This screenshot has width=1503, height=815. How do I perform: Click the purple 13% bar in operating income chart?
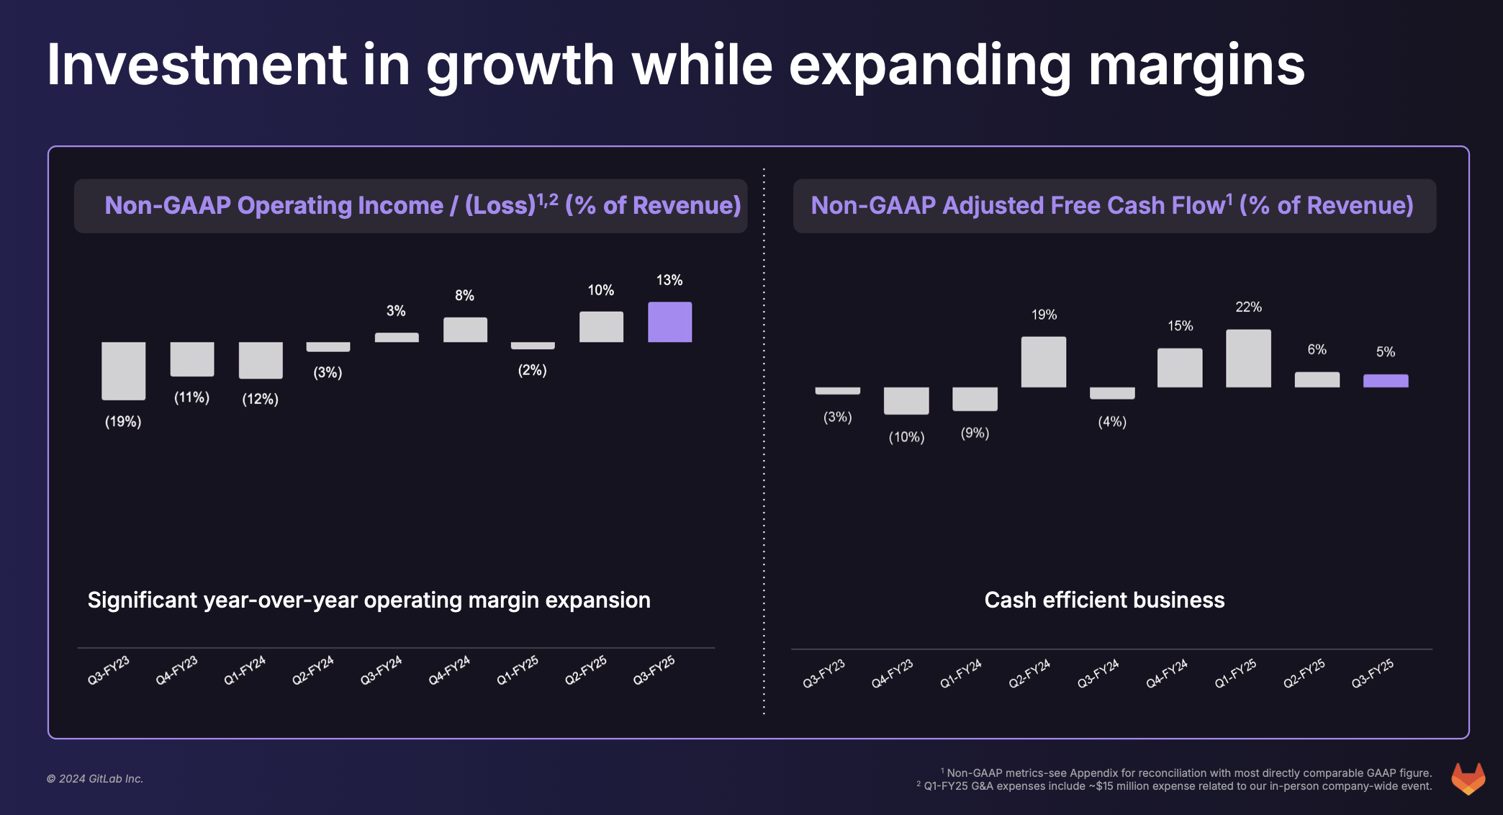click(669, 322)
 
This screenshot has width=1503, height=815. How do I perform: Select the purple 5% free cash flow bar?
click(1385, 381)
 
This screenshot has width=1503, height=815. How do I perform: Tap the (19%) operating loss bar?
click(123, 371)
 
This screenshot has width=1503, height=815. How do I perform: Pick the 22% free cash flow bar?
click(1248, 359)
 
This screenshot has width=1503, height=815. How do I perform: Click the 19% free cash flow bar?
click(1043, 362)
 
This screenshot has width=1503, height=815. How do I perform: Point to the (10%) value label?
click(906, 437)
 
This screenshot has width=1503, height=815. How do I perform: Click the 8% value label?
click(464, 295)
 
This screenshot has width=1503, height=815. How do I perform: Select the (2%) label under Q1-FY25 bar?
click(532, 370)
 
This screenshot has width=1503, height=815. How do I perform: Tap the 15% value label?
click(1180, 326)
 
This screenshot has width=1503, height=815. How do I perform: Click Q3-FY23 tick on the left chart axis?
click(109, 670)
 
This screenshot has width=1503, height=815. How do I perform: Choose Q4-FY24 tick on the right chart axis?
click(1167, 673)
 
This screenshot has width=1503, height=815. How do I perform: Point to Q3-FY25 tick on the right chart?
click(1373, 673)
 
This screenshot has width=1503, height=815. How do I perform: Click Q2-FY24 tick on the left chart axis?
click(313, 670)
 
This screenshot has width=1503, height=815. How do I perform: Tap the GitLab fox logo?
click(1468, 778)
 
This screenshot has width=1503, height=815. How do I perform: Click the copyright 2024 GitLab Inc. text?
click(95, 779)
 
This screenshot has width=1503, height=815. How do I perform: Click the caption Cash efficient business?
click(1103, 600)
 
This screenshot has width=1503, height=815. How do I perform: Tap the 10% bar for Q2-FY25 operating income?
click(601, 327)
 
